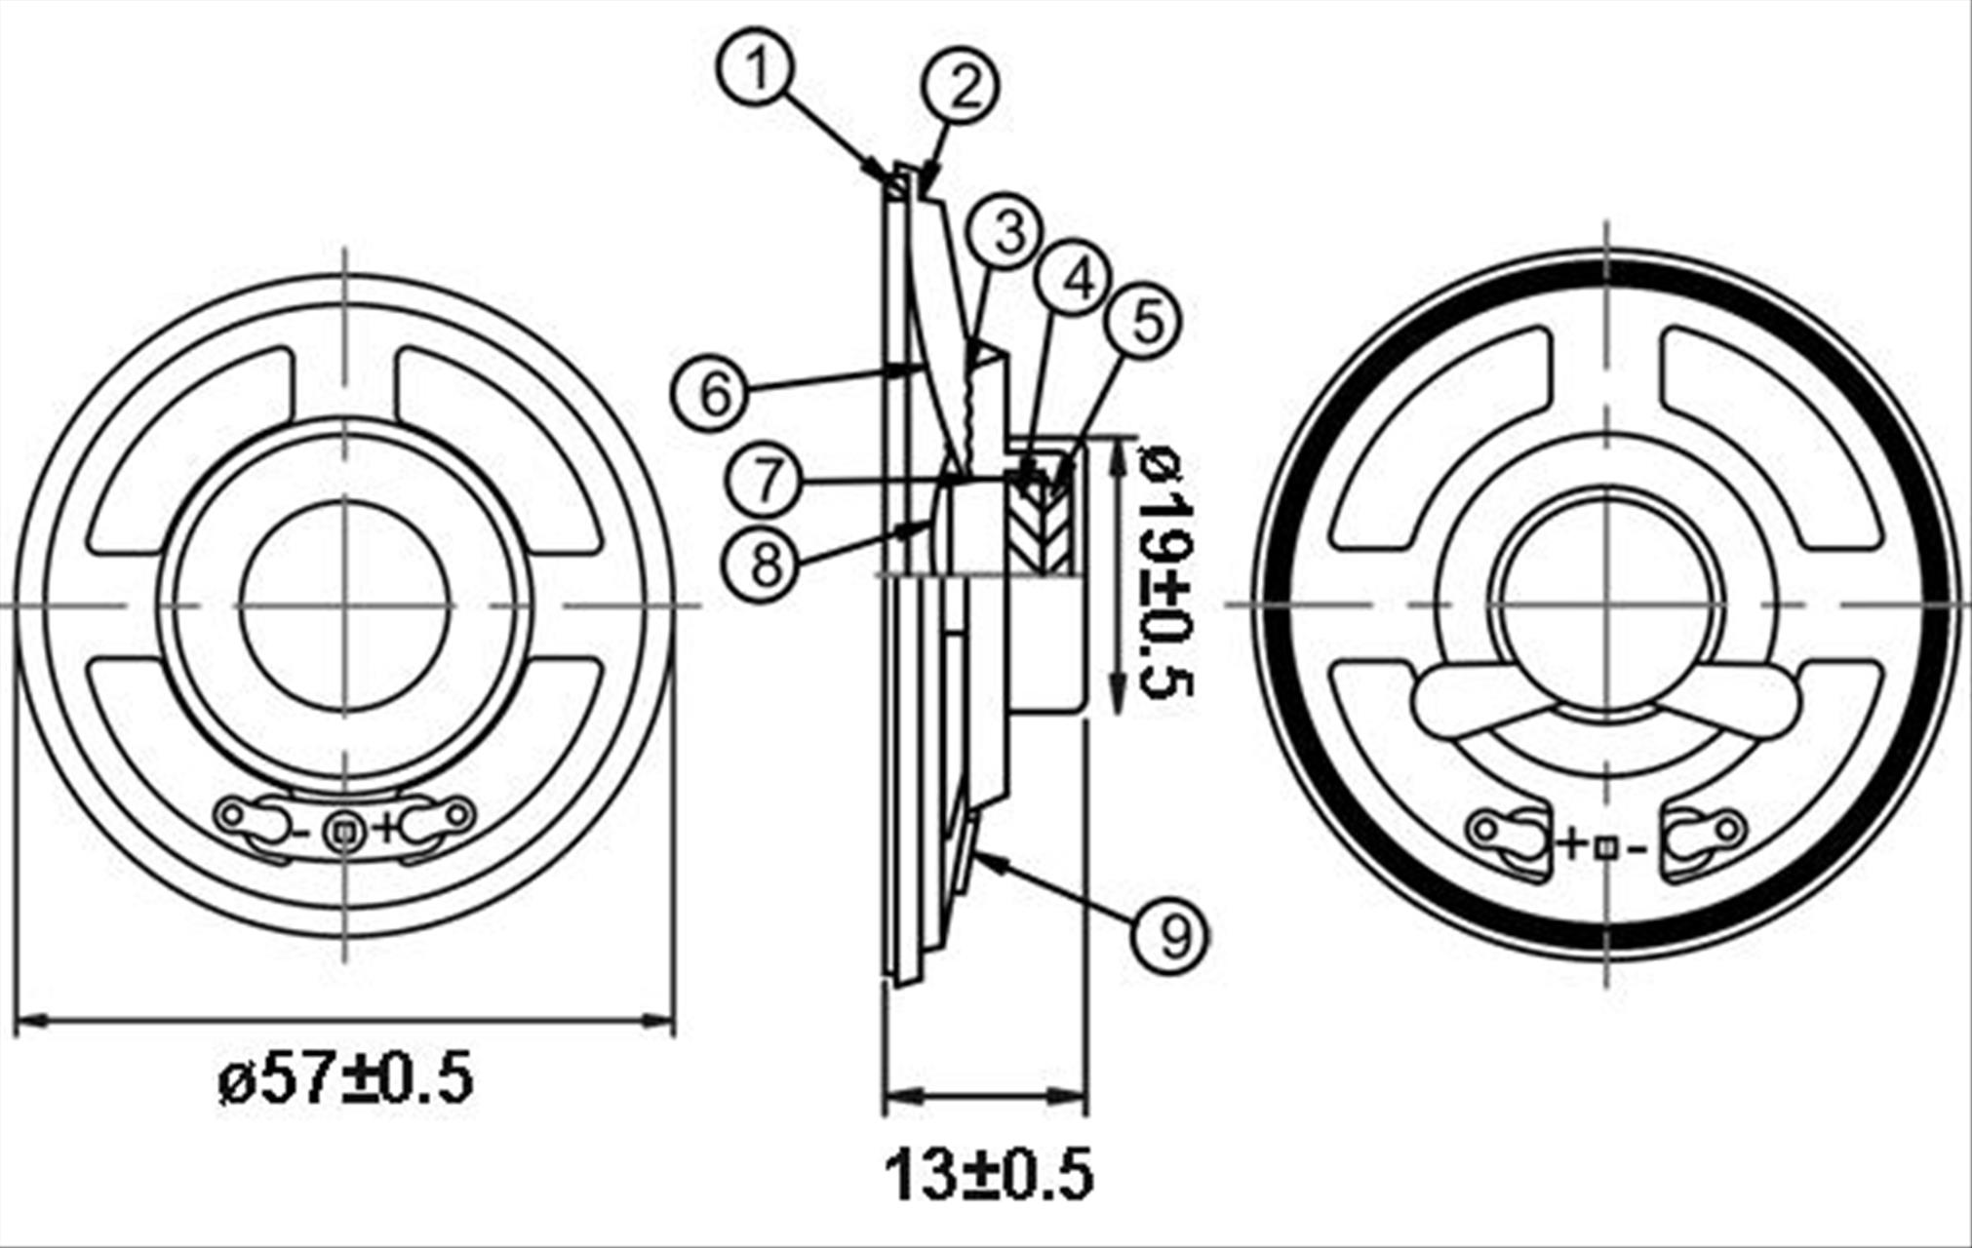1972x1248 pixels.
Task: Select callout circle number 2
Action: coord(961,87)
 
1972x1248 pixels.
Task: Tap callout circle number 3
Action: coord(1009,232)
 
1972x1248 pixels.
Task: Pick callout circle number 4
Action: coord(1075,280)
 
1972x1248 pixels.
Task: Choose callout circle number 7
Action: coord(767,480)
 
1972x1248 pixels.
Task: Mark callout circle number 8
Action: coord(766,563)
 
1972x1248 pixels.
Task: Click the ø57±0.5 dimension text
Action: coord(346,1077)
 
